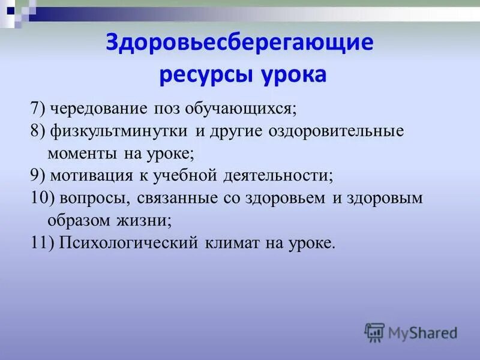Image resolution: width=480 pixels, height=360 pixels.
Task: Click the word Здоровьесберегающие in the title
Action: coord(240,43)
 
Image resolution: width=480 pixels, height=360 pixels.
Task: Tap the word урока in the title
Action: coord(293,76)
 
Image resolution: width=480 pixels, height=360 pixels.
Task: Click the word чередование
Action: coord(99,109)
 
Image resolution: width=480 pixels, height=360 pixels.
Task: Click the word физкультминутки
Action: coord(120,131)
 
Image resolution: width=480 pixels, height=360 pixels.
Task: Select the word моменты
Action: coord(83,154)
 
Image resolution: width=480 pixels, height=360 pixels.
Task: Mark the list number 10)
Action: coord(41,198)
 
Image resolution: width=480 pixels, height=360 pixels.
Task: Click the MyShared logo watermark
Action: coord(411,331)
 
